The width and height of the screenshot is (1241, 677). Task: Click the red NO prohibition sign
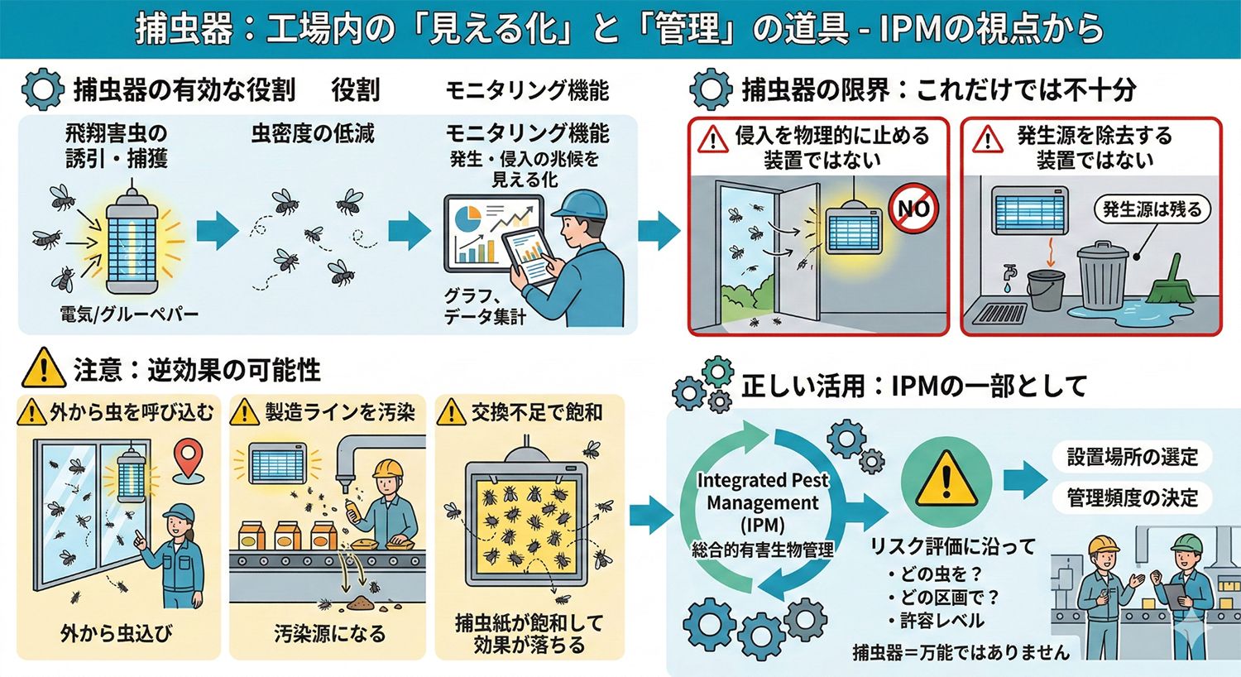click(x=913, y=208)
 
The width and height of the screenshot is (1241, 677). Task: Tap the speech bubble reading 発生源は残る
click(x=1152, y=209)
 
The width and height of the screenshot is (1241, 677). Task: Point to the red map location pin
click(x=189, y=459)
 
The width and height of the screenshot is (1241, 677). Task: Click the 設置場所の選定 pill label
click(x=1132, y=457)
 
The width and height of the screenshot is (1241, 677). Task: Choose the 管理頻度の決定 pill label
click(x=1132, y=497)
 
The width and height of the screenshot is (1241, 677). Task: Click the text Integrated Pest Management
click(x=762, y=492)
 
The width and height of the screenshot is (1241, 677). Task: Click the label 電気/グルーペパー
click(x=129, y=314)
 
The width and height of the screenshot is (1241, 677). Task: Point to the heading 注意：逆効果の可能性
click(x=197, y=370)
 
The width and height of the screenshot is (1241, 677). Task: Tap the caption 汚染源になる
click(x=329, y=634)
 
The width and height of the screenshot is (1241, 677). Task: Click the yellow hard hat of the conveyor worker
click(x=387, y=469)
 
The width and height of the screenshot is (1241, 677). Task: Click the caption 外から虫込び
click(x=117, y=634)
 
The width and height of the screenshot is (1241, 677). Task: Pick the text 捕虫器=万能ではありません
click(x=961, y=653)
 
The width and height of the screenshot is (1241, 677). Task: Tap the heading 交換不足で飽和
click(x=536, y=412)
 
